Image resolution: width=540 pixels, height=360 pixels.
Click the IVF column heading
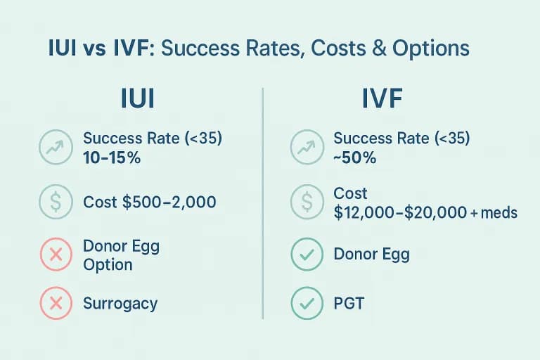tap(382, 98)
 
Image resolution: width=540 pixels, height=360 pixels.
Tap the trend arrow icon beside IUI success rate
tap(55, 148)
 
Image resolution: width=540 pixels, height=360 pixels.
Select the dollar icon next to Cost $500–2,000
tap(55, 202)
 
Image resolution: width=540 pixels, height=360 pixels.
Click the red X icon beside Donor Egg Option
tap(55, 255)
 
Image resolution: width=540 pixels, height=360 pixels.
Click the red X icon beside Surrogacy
tap(55, 303)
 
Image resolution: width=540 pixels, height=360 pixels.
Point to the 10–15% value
tap(112, 158)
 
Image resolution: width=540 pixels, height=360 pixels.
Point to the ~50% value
tap(354, 158)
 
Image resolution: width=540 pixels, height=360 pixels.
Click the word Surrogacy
tap(120, 304)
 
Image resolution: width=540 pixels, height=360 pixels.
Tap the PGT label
tap(350, 304)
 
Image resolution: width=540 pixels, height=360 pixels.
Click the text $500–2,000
tap(169, 202)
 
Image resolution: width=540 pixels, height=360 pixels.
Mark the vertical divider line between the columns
tap(262, 204)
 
